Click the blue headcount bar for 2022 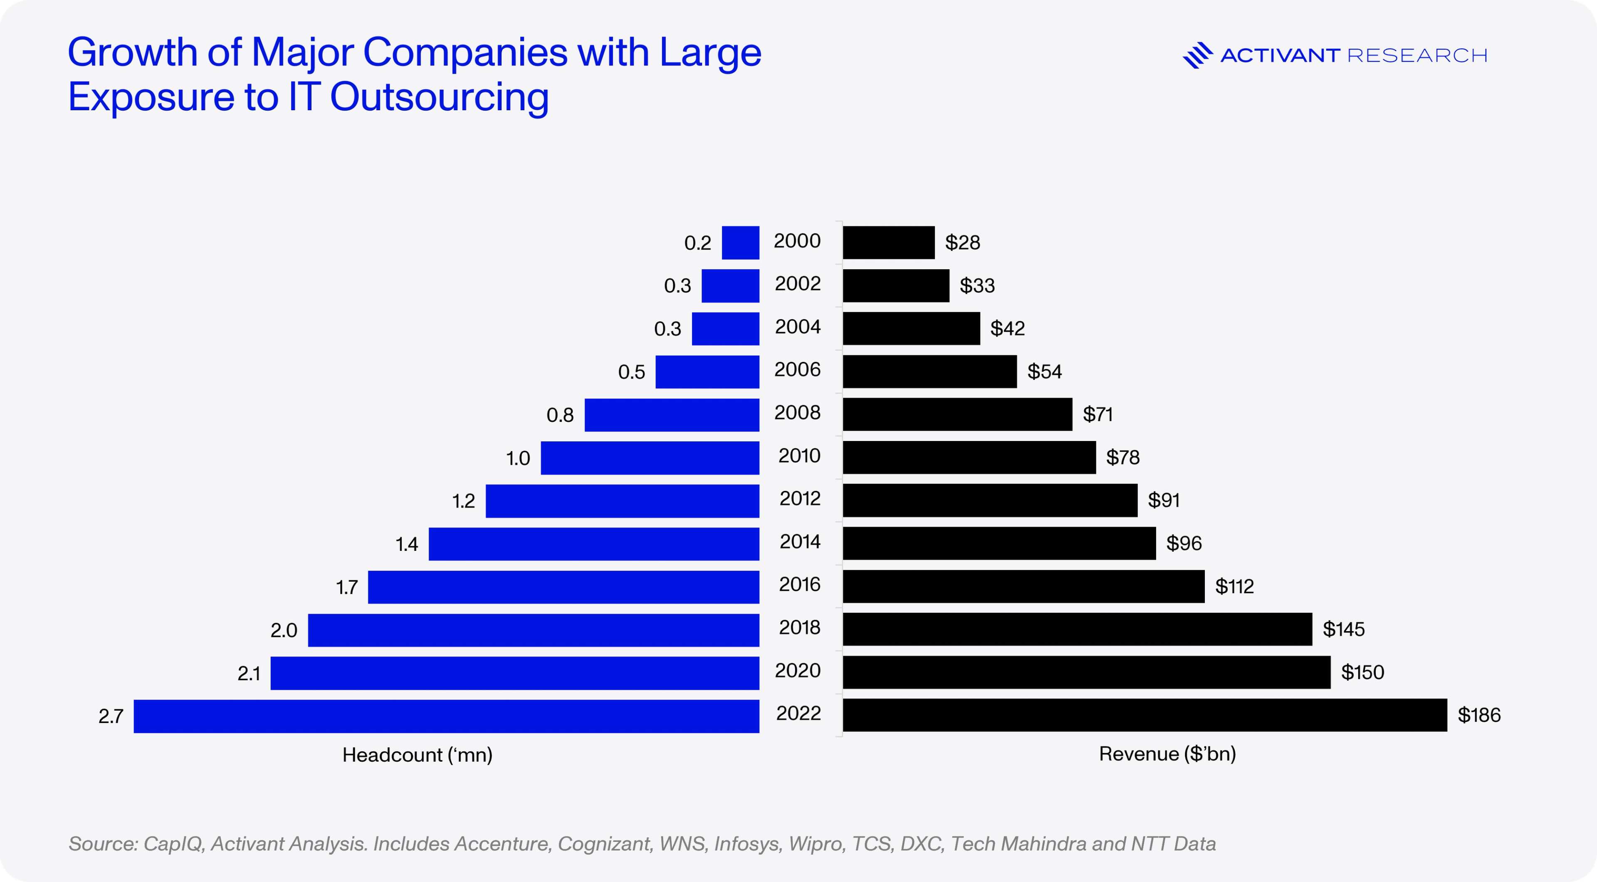[446, 716]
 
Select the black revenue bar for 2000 [888, 243]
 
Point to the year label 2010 [799, 456]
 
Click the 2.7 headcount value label [111, 716]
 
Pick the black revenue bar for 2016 [1023, 587]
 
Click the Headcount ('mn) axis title [417, 755]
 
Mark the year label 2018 [799, 628]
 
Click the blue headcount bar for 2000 [740, 243]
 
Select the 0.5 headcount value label [631, 372]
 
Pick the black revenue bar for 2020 [1086, 672]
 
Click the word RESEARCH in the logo [1417, 56]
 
